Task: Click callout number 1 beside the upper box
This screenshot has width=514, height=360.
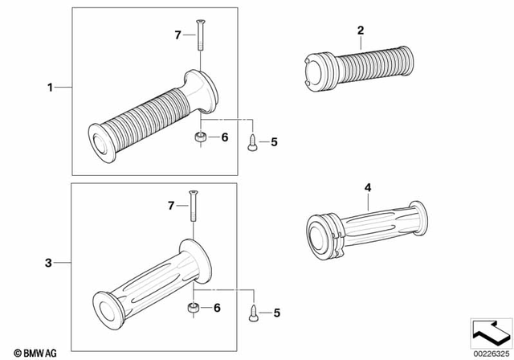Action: [50, 87]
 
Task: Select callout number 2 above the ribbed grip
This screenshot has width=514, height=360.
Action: [361, 31]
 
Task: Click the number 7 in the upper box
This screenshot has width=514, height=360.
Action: [178, 34]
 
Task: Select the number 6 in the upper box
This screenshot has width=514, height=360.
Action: [224, 137]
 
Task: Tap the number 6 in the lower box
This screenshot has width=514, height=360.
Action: [215, 308]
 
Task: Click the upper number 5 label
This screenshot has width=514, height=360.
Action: [273, 142]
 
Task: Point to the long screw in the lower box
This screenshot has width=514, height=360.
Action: [192, 207]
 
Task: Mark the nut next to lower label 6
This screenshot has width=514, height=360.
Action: [193, 308]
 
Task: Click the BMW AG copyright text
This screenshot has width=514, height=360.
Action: [30, 351]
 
